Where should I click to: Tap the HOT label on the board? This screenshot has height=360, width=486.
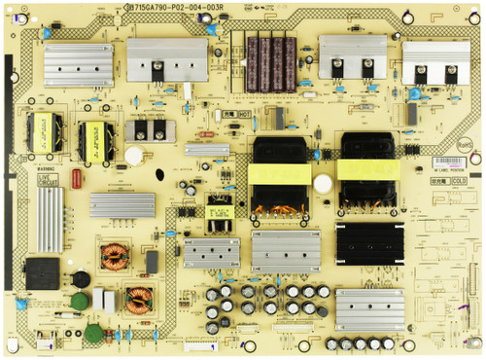point(245,114)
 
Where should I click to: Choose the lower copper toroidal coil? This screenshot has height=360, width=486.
point(140,300)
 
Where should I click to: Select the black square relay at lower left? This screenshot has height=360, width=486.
point(42,272)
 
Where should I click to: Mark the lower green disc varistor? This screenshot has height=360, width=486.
point(93,333)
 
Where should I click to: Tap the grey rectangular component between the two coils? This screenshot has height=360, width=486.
point(152,263)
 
